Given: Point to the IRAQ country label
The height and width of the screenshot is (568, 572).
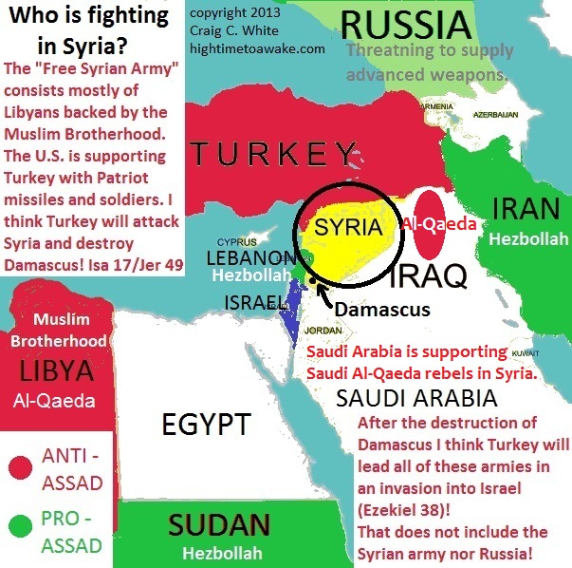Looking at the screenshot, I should pos(428,277).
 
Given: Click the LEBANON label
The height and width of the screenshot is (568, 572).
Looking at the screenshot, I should pos(250,257).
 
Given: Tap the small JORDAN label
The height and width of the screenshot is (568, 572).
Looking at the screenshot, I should pos(323,331).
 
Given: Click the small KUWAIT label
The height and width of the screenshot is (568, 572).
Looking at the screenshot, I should pos(525,352).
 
